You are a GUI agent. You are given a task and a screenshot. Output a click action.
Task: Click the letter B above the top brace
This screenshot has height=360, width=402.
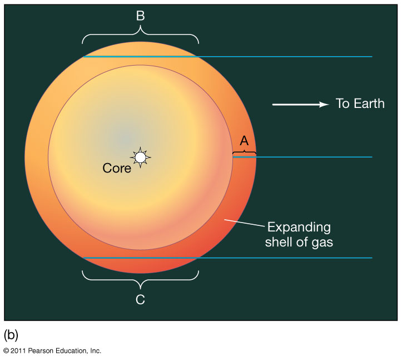tap(140, 16)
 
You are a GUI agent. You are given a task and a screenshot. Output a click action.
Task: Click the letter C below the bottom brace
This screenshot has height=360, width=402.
tap(140, 299)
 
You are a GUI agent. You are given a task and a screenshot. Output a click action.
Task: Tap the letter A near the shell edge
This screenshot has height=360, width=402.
tap(244, 141)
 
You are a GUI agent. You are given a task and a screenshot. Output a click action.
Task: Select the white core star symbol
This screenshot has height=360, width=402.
tap(140, 157)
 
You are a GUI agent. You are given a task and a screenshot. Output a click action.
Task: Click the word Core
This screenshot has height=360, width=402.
tap(117, 169)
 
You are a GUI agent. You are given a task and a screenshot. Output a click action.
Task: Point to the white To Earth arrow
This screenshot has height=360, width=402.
tap(300, 105)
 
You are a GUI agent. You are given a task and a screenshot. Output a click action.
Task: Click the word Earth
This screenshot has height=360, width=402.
tap(369, 103)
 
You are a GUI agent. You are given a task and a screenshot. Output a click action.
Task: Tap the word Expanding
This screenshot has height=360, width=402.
tap(299, 228)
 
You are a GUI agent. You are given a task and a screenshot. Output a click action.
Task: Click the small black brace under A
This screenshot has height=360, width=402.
tap(244, 153)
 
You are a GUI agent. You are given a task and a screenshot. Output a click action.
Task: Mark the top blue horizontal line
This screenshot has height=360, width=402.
tap(227, 56)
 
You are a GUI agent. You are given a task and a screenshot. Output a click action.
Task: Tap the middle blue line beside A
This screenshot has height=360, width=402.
tap(302, 157)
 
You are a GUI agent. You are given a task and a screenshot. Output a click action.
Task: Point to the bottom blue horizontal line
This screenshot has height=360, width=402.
tap(227, 258)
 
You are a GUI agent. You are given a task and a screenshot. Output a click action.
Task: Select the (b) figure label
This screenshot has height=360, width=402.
tap(11, 335)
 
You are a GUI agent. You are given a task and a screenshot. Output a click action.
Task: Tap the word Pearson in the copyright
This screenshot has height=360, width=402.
tap(40, 351)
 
